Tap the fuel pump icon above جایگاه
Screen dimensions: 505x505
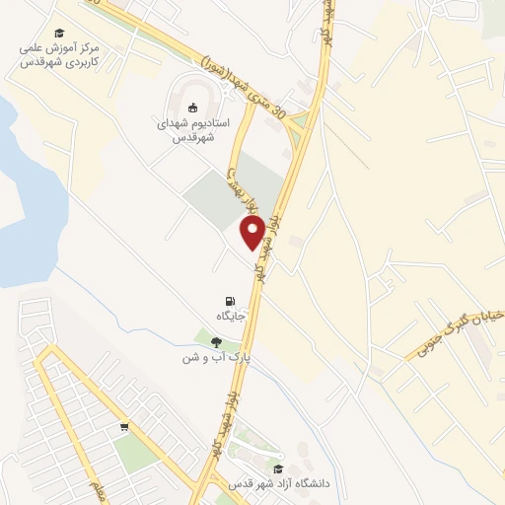tap(231, 301)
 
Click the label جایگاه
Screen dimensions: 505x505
tap(231, 316)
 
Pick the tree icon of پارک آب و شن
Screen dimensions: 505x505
tap(216, 342)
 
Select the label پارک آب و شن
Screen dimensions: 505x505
tap(211, 357)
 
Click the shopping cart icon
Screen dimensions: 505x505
tap(124, 428)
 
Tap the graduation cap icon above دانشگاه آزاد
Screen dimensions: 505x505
tap(278, 469)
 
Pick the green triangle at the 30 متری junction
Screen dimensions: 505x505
tap(299, 122)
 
